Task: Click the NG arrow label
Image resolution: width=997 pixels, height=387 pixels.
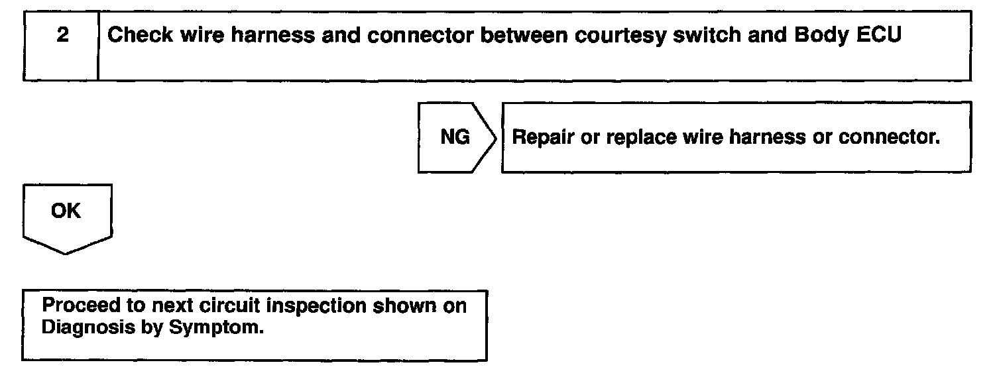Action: pyautogui.click(x=455, y=137)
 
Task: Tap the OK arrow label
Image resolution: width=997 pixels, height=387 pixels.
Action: pyautogui.click(x=65, y=211)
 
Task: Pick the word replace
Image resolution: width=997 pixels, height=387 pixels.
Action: pyautogui.click(x=630, y=138)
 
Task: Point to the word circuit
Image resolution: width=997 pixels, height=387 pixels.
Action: pyautogui.click(x=240, y=306)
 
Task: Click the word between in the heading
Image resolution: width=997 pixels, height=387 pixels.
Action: pyautogui.click(x=521, y=36)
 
